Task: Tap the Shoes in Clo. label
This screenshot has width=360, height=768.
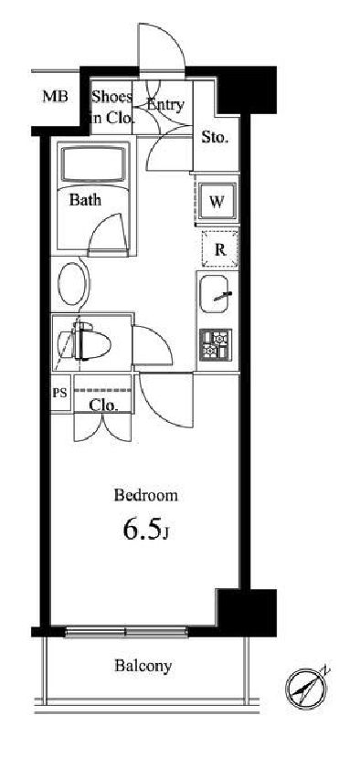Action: tap(111, 107)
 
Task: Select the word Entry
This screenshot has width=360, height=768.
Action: tap(164, 105)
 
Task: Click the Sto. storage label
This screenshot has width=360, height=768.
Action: tap(215, 138)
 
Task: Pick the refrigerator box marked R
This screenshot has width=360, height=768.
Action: tap(219, 249)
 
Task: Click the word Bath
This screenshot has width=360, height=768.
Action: tap(85, 201)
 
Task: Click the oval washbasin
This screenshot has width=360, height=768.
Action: tap(72, 285)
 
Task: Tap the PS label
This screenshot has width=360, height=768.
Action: tap(60, 395)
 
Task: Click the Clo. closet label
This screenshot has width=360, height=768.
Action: tap(104, 405)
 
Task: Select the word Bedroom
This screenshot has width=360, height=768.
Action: tap(145, 496)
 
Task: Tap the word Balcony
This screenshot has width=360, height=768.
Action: tap(143, 666)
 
